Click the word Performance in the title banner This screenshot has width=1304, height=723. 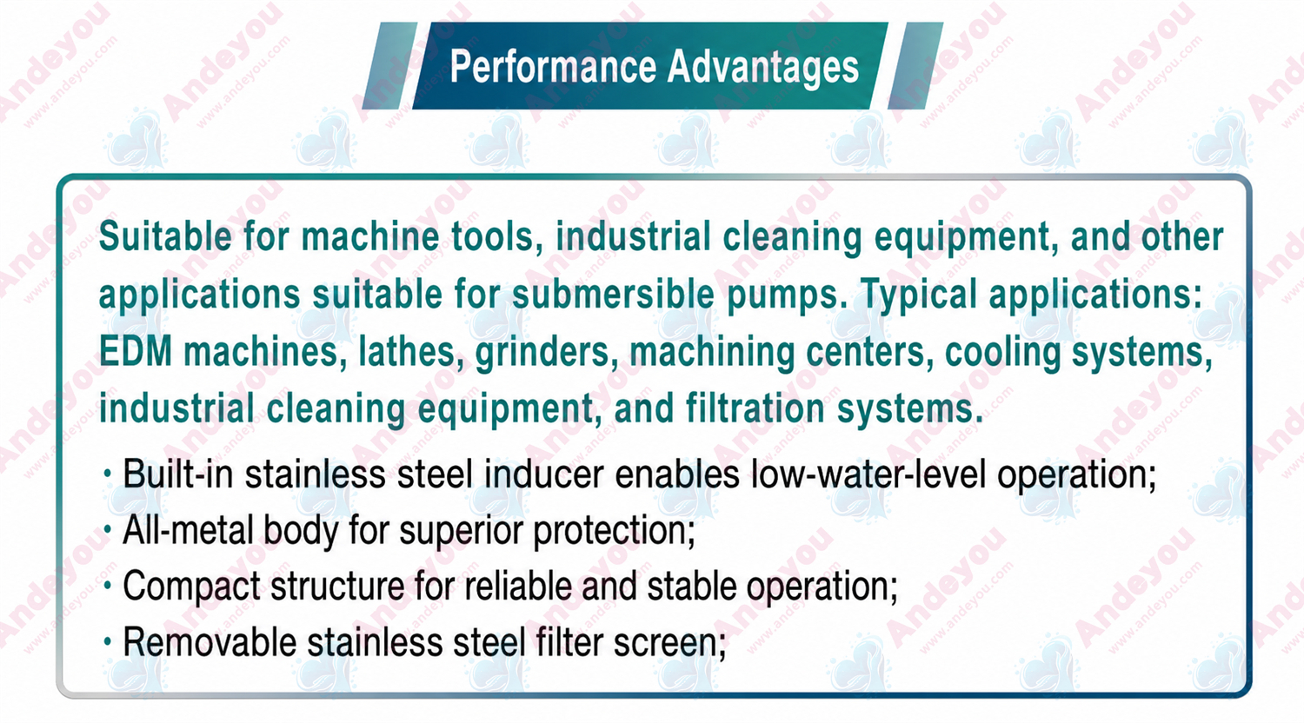[x=553, y=68]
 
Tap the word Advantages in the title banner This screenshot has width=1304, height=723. [x=763, y=69]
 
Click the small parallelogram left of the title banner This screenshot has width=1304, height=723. [x=389, y=66]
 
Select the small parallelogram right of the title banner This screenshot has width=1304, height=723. [x=915, y=66]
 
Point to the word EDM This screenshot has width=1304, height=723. [x=136, y=352]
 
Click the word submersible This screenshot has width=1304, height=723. [x=613, y=295]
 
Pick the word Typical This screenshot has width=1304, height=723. [x=919, y=295]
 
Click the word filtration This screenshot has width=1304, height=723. [x=755, y=408]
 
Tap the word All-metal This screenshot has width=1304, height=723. [x=187, y=530]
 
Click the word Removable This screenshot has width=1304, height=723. [x=210, y=643]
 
